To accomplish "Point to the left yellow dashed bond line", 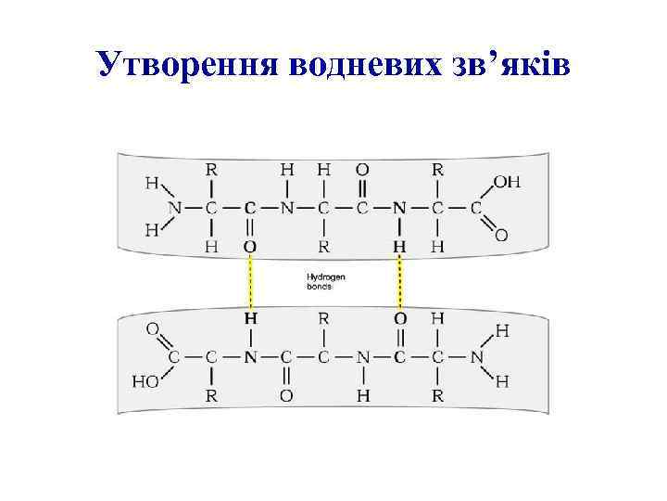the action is [249, 282].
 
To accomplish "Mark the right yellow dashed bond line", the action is [400, 282].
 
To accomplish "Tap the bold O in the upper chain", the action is [249, 246].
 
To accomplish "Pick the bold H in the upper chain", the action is [400, 246].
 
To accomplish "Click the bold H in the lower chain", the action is [249, 318].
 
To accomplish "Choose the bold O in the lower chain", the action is [400, 318].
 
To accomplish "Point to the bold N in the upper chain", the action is [400, 207].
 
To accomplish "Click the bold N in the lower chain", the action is [249, 355].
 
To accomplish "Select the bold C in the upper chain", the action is [249, 207].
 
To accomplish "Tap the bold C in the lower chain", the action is [400, 355].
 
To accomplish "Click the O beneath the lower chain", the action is [287, 394].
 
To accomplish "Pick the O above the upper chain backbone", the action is [362, 170].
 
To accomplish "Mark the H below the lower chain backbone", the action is [362, 394].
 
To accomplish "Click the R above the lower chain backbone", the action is [324, 318].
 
